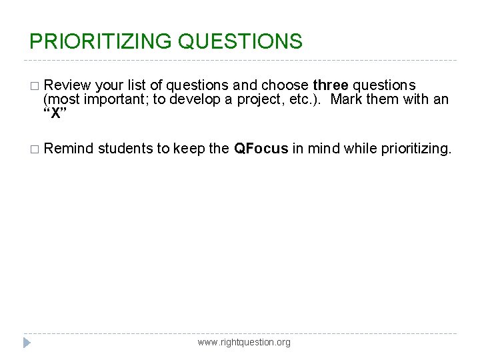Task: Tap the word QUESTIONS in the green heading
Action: tap(240, 42)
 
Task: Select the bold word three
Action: tap(330, 85)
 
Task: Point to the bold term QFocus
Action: tap(261, 148)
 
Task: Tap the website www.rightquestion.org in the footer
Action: tap(244, 342)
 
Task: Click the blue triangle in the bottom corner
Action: tap(27, 343)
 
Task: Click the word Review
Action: tap(69, 85)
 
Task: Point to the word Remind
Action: tap(69, 148)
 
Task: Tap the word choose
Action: tap(285, 85)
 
